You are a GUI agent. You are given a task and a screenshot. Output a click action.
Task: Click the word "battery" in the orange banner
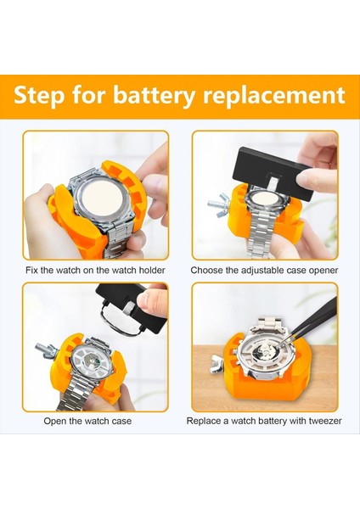154,95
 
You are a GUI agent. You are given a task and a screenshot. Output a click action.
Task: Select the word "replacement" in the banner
274,95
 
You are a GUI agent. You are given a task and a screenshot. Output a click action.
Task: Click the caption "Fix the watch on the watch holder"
95,270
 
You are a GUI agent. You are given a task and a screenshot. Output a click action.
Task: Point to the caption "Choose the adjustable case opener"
264,270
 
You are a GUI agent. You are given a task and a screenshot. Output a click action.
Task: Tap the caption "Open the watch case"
87,421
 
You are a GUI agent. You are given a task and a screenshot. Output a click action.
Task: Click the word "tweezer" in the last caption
325,421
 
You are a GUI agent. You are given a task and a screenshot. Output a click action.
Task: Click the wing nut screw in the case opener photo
219,203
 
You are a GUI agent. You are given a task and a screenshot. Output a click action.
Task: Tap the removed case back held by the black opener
119,318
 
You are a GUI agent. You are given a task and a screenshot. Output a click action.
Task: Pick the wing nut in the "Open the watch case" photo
46,350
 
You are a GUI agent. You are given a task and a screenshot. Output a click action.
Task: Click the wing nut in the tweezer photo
217,364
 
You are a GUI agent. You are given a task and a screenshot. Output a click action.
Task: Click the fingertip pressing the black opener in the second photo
313,177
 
